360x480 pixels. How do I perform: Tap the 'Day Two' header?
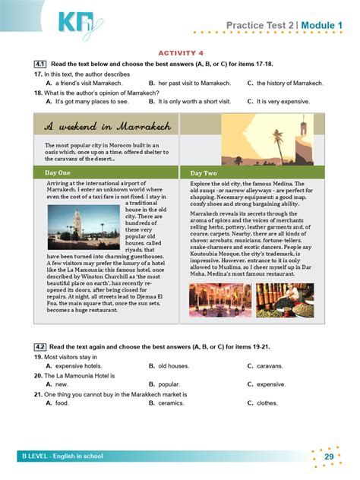coord(203,173)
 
